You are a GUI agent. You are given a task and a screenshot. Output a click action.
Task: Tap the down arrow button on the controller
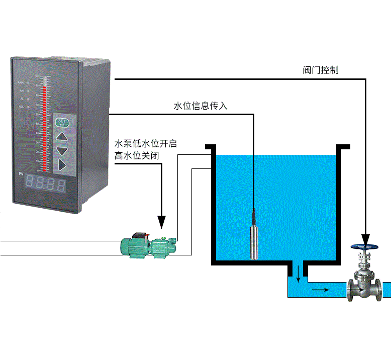[x=61, y=150]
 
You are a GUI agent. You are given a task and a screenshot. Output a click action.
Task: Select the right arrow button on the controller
[x=61, y=164]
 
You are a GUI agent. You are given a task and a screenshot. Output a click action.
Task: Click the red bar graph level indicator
[x=46, y=126]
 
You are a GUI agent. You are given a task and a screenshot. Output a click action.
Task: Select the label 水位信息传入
[x=201, y=106]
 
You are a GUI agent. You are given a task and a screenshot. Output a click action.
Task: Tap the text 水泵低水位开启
[x=146, y=144]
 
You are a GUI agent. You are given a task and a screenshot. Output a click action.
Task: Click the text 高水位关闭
[x=137, y=156]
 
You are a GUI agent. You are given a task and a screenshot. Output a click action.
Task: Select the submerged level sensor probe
[x=254, y=241]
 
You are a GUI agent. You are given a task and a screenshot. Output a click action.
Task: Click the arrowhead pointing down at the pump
[x=162, y=221]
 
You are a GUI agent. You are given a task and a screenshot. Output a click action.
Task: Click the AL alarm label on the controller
[x=22, y=99]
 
